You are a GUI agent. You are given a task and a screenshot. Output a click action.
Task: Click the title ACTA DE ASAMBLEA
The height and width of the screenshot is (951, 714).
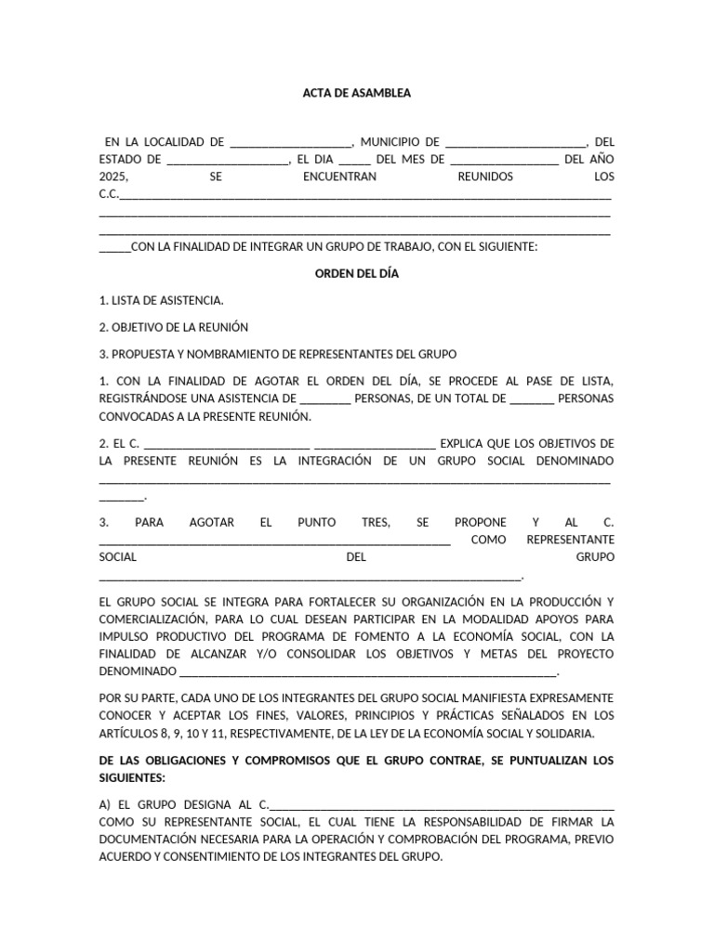(x=357, y=94)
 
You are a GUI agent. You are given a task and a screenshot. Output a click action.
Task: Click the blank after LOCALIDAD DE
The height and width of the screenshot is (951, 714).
(x=290, y=143)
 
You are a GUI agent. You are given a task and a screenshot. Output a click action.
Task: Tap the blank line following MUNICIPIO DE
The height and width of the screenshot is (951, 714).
(x=516, y=143)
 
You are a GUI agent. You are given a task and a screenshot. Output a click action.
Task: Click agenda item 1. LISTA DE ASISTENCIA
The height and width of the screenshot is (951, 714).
(x=161, y=301)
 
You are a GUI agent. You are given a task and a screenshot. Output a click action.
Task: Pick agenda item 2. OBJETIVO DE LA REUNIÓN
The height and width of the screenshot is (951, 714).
(x=174, y=328)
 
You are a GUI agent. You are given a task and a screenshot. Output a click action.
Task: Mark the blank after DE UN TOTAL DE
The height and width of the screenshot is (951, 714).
(x=533, y=399)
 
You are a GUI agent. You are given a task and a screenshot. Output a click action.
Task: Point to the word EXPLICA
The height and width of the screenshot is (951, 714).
(x=462, y=443)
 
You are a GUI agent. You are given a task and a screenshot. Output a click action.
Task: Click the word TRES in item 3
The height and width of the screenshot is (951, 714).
(x=376, y=523)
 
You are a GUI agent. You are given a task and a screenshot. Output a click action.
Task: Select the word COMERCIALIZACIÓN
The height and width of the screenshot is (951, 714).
(x=151, y=619)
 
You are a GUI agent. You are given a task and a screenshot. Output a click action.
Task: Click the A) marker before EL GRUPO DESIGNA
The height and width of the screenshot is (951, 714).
(x=105, y=805)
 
